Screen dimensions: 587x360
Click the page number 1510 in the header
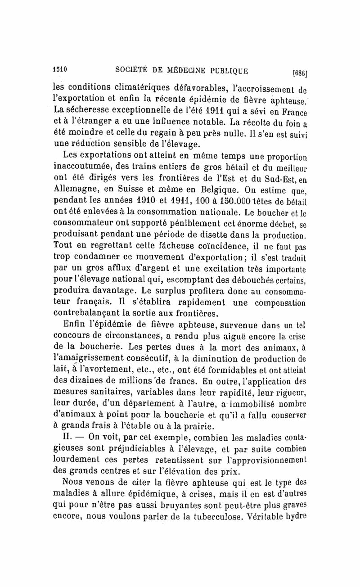coord(60,70)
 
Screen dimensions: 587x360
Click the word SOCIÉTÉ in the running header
coord(133,71)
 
